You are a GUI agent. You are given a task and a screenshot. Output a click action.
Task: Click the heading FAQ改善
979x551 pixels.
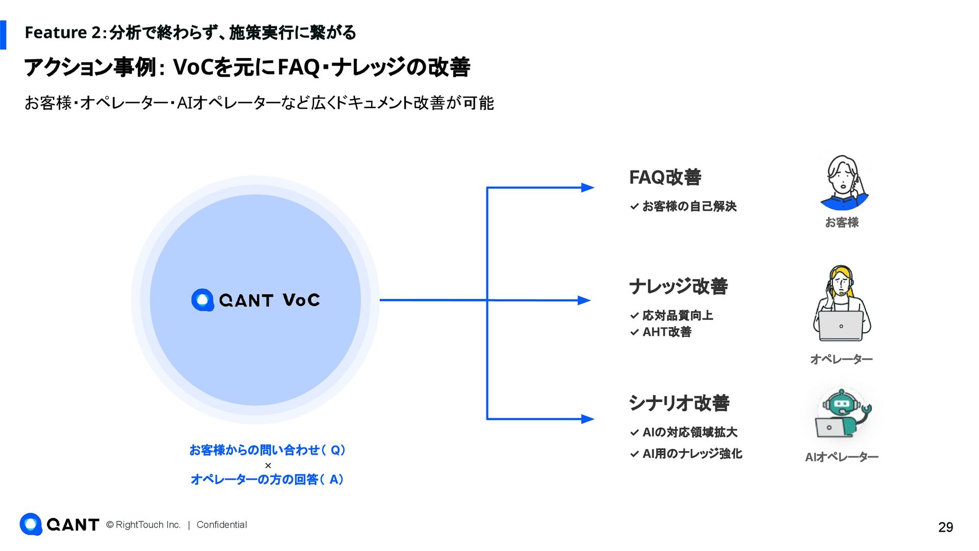665,178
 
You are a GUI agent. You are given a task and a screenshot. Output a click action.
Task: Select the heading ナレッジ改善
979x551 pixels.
678,286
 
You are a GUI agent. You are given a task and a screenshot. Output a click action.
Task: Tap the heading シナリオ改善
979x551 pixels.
679,403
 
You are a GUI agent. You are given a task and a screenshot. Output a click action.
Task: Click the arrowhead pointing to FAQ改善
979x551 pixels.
588,188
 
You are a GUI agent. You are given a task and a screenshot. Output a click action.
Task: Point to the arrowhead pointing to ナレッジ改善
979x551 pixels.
584,300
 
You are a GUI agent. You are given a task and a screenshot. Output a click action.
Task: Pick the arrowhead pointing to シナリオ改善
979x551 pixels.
588,419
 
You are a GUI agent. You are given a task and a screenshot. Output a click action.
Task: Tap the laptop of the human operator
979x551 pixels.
841,326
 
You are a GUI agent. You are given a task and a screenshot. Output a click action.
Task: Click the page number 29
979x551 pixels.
945,527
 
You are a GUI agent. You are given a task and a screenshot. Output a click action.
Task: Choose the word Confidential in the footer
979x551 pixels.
221,525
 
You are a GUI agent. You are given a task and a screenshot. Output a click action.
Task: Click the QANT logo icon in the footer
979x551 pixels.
31,524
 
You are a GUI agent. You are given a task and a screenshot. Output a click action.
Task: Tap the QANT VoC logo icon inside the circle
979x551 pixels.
202,300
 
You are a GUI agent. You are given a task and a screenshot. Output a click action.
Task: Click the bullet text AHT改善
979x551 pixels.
666,332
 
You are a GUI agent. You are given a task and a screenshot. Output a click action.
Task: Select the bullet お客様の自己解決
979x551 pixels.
689,207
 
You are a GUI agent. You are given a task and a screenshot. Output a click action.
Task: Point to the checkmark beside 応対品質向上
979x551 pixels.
634,316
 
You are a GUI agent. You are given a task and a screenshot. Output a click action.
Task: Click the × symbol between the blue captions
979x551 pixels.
268,465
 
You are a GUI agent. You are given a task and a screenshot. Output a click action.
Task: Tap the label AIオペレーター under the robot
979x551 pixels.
841,457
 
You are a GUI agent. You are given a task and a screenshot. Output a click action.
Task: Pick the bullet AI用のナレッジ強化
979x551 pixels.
692,454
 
